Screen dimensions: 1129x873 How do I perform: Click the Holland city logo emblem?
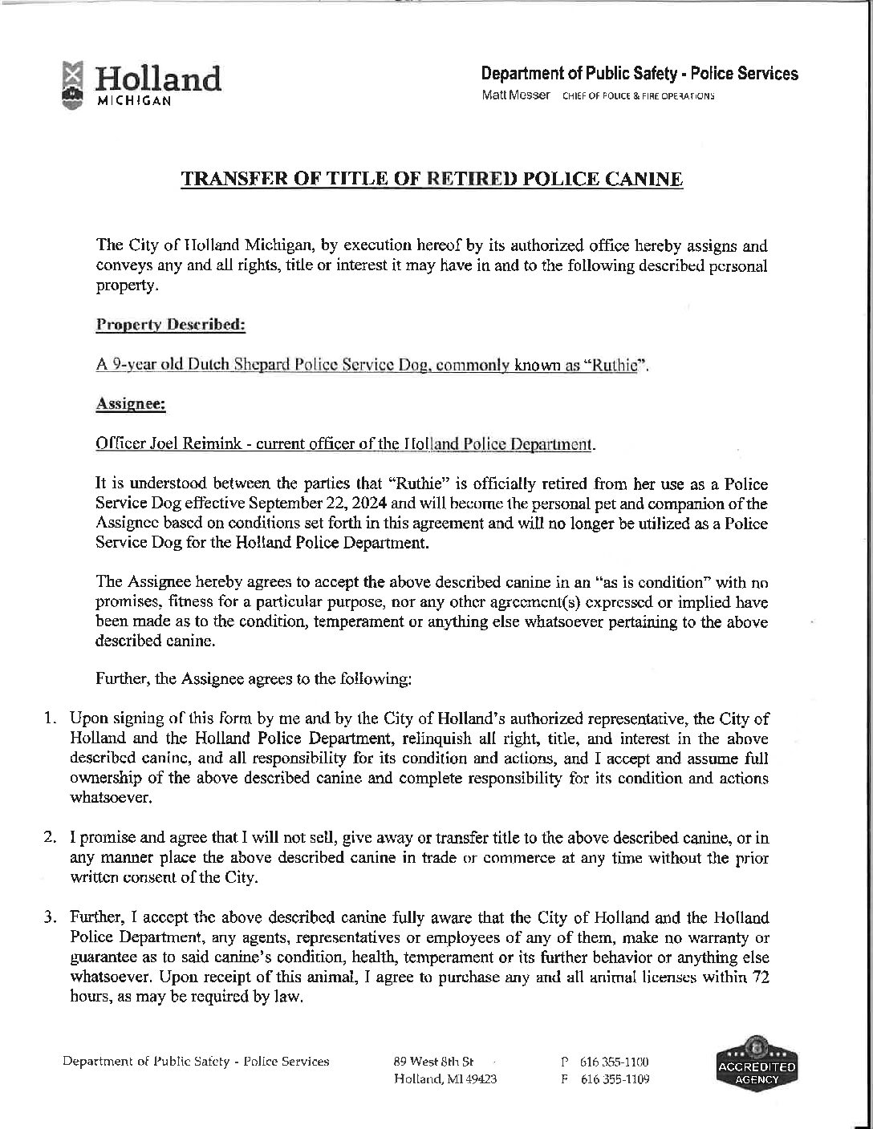(x=73, y=83)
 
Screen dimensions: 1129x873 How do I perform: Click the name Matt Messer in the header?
(x=515, y=95)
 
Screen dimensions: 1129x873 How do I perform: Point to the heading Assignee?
(x=131, y=405)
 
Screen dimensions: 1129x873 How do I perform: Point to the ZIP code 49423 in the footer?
(x=481, y=1079)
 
